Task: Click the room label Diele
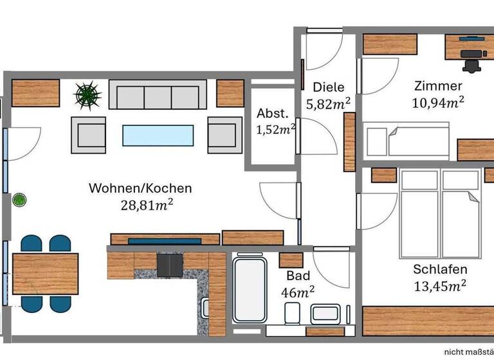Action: [328, 87]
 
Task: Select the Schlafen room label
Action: [440, 269]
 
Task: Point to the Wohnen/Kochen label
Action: [140, 188]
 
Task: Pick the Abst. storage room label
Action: [271, 114]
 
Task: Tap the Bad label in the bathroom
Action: [298, 276]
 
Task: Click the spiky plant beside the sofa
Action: [88, 96]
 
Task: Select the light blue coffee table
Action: [158, 135]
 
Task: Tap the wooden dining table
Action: [45, 273]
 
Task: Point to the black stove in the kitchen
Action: [170, 264]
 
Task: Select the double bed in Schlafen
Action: [439, 212]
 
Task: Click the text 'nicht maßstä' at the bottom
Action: [468, 351]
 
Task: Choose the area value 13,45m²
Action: [440, 285]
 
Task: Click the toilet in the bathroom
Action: [291, 314]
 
